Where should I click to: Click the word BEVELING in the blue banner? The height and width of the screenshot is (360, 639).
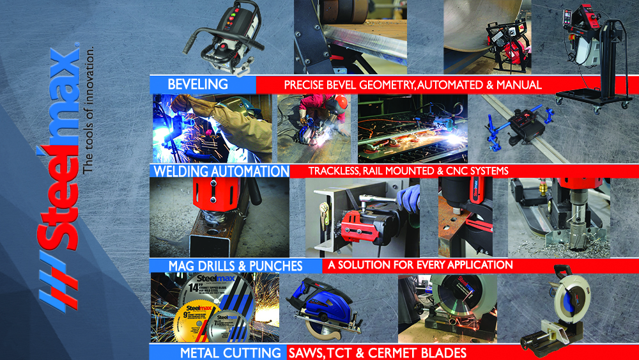click(197, 84)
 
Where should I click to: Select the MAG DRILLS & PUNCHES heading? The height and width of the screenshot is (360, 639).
click(235, 265)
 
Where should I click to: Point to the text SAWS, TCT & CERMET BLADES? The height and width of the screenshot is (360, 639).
click(377, 352)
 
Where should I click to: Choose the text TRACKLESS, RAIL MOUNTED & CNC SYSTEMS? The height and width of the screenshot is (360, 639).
click(408, 171)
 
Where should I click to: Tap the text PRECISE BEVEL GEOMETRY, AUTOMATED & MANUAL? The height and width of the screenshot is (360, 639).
click(413, 84)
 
